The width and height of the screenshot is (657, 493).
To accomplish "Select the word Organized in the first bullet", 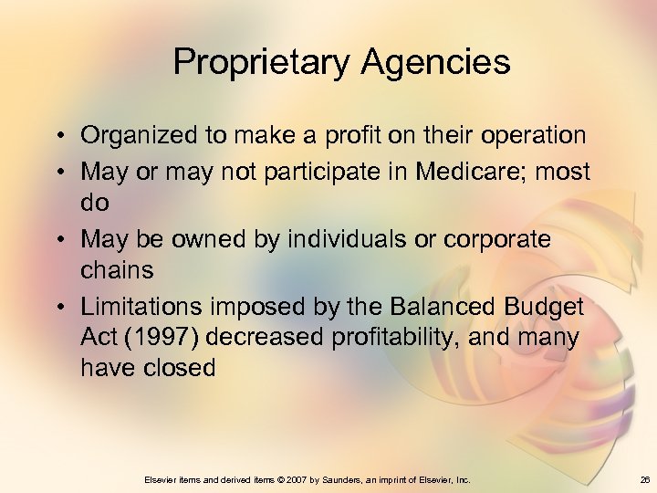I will [137, 136].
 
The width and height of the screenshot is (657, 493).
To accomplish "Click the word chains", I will [117, 270].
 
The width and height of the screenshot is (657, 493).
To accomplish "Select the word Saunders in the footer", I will [347, 479].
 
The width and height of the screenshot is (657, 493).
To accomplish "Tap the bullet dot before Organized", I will [57, 137].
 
